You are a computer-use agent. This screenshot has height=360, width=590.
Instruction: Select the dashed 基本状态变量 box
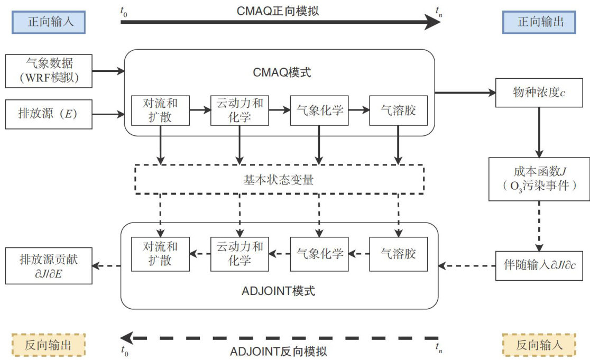point(280,180)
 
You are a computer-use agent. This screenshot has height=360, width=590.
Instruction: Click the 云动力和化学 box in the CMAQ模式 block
point(239,110)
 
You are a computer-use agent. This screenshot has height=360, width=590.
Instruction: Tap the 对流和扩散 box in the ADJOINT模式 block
point(160,254)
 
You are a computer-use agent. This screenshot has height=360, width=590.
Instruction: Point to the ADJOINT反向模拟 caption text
point(279,351)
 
